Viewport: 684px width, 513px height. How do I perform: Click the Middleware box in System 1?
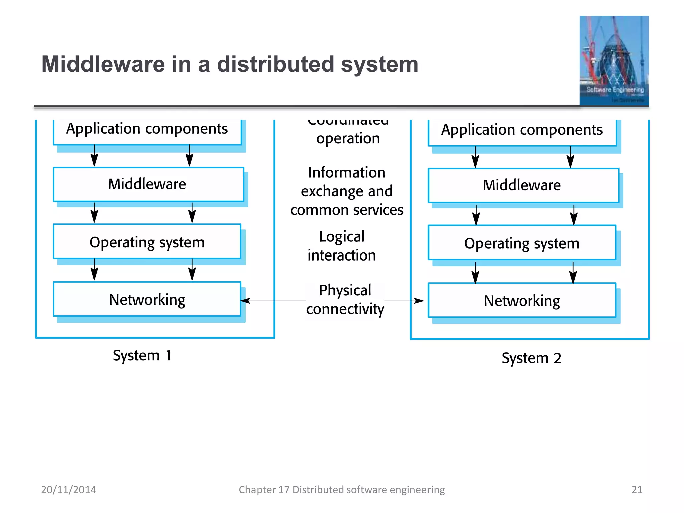point(148,184)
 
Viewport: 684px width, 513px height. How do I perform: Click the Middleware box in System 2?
point(523,185)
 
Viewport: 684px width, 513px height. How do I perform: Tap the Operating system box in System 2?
point(522,243)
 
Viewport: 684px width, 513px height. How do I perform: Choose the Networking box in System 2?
point(522,301)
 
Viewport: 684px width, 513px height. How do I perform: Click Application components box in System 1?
point(147,130)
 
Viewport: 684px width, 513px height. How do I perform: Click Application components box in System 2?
point(522,131)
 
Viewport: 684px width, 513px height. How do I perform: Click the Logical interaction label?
point(342,246)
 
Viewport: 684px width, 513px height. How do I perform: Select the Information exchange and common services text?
point(347,191)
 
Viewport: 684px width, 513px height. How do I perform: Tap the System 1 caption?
point(142,355)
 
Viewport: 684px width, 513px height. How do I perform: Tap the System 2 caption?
point(531,358)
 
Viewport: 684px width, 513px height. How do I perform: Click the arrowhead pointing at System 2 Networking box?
point(419,301)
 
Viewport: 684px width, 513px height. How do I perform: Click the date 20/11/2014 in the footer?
point(68,490)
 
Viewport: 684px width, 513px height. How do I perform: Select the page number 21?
point(637,490)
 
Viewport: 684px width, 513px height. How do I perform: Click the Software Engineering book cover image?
point(614,61)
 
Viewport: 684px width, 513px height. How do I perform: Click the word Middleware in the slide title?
point(103,64)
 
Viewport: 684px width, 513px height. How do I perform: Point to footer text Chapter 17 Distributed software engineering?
point(342,490)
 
